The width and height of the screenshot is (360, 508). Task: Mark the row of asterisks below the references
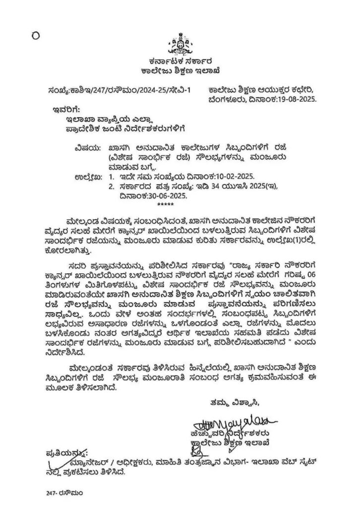[166, 204]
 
